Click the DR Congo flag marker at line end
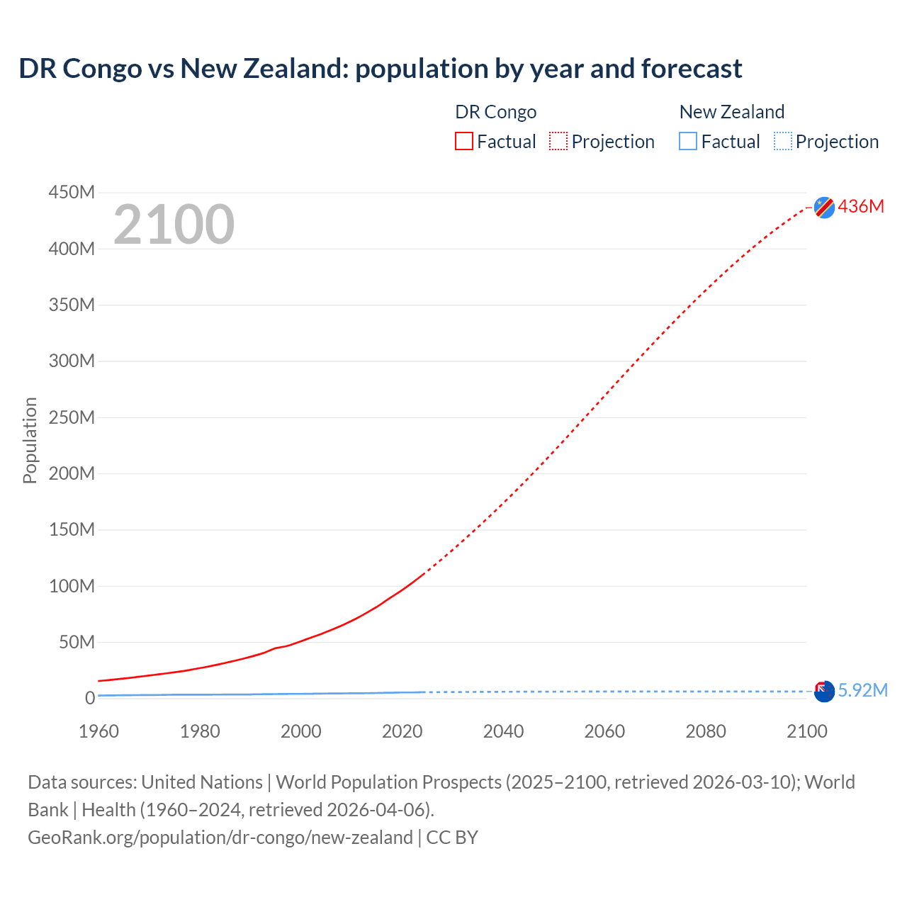click(824, 207)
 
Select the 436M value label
click(861, 206)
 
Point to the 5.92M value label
click(862, 690)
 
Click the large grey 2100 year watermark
click(174, 225)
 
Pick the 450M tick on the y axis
click(72, 193)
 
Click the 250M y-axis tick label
click(72, 417)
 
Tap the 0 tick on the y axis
click(89, 698)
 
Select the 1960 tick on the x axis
click(98, 731)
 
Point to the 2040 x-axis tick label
click(503, 731)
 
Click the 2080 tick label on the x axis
click(706, 731)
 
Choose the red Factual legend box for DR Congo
click(464, 141)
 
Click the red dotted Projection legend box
click(558, 141)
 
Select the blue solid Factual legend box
click(688, 141)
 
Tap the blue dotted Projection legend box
click(783, 141)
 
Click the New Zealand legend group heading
click(731, 112)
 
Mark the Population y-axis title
click(30, 440)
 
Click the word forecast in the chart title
click(692, 69)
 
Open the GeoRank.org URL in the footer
click(220, 838)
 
